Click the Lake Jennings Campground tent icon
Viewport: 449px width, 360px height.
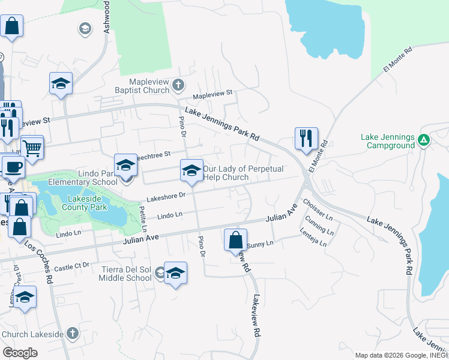[424, 140]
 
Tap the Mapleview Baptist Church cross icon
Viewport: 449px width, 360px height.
[178, 85]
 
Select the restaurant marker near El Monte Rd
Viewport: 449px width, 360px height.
[306, 138]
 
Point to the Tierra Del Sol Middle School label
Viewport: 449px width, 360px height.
[118, 274]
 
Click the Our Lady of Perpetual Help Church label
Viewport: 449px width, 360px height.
[243, 173]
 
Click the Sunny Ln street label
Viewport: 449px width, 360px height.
[260, 244]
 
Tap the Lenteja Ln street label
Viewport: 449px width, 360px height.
[315, 239]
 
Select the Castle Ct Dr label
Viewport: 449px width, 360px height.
[71, 266]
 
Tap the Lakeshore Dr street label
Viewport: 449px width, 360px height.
[165, 196]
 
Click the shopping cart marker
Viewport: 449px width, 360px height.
[32, 146]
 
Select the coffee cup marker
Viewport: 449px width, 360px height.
[13, 167]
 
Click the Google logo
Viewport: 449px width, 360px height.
[20, 352]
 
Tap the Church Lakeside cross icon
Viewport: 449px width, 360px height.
[72, 333]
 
